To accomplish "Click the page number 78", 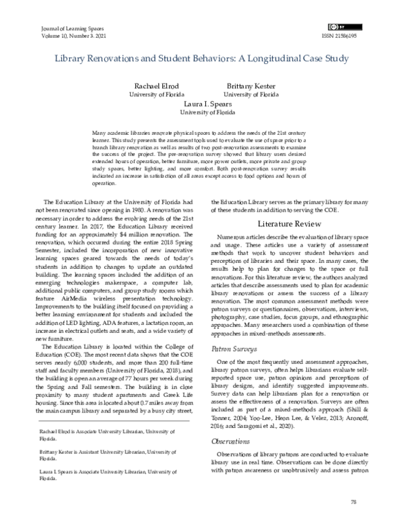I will (x=353, y=502).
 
